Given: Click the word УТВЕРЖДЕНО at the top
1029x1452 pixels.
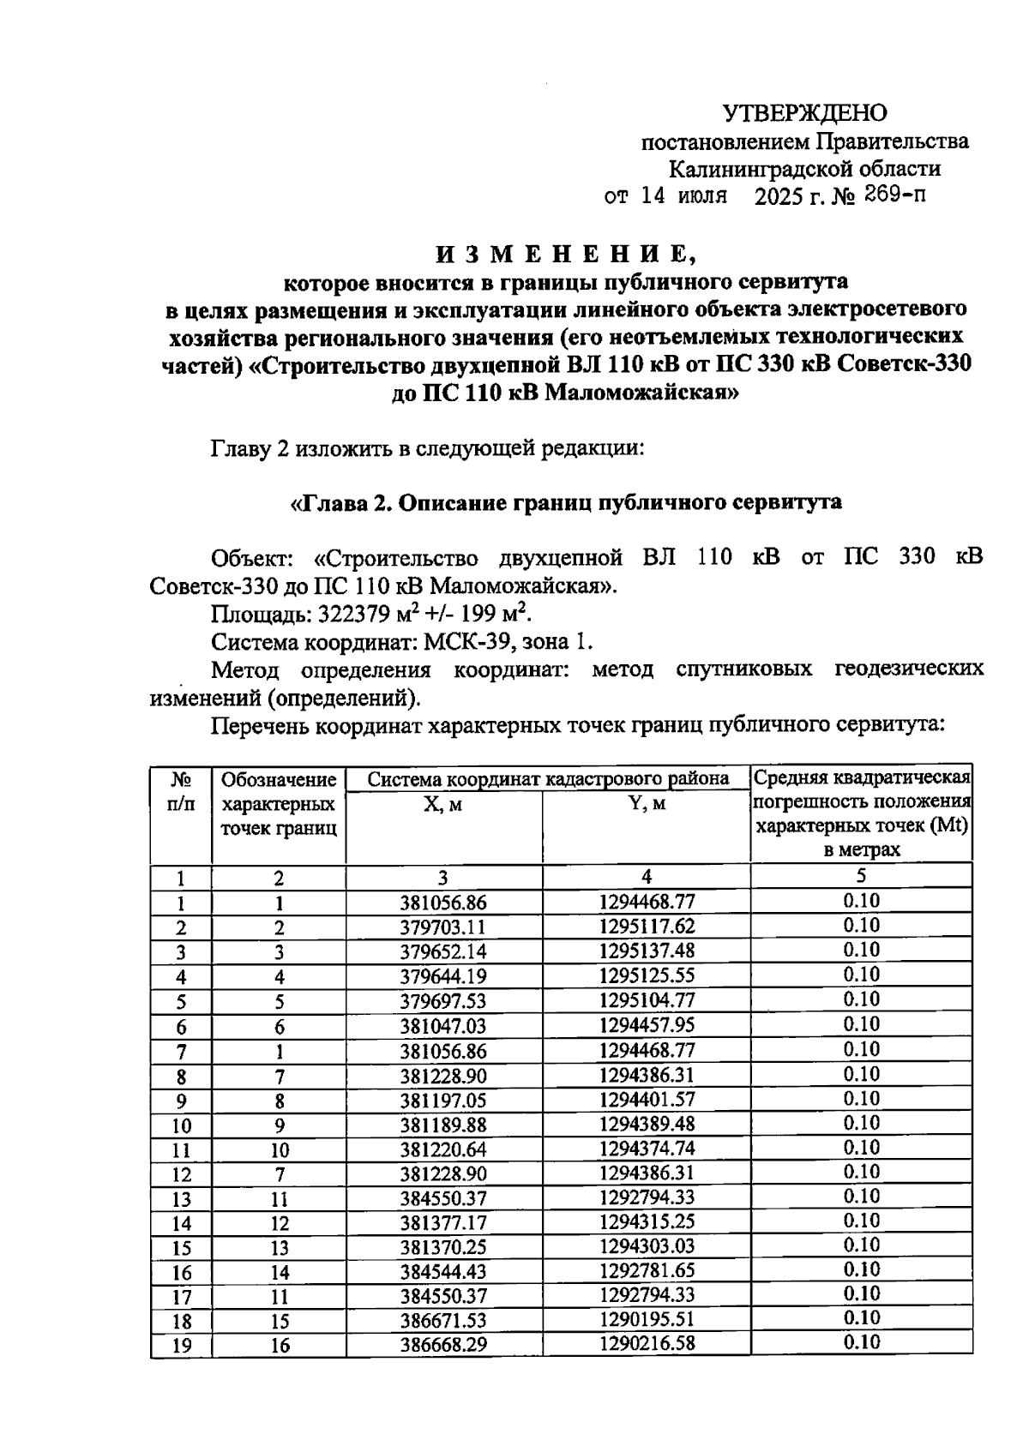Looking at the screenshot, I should click(x=804, y=113).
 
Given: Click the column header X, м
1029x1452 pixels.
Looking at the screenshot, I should click(x=443, y=805).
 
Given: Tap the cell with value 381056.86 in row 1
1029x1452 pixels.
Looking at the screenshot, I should click(x=443, y=903).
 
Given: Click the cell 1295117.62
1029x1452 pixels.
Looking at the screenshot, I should click(x=647, y=927).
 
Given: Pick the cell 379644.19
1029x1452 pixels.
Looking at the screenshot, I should click(x=443, y=976).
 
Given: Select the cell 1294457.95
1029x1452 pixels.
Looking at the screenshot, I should click(x=647, y=1025).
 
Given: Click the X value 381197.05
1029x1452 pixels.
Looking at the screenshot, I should click(x=443, y=1100).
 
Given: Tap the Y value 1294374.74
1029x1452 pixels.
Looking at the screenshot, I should click(x=647, y=1148).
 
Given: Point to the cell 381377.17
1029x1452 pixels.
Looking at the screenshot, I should click(x=443, y=1222).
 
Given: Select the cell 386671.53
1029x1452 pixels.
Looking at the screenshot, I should click(x=443, y=1321).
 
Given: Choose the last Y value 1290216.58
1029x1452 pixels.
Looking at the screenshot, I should click(x=647, y=1343).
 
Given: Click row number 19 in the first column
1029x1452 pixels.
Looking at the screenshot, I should click(x=181, y=1346).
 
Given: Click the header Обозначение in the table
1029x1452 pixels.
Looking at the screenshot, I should click(x=279, y=780).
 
